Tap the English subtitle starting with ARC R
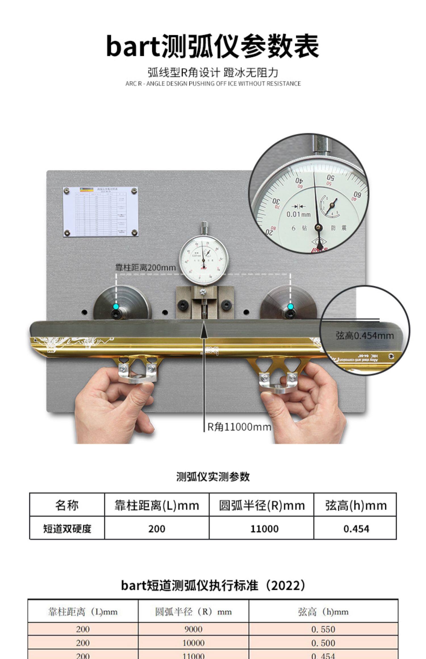click(x=213, y=83)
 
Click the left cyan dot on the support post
click(x=116, y=307)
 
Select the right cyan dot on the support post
click(x=290, y=307)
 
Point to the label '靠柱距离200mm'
click(x=145, y=267)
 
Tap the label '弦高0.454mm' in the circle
click(x=365, y=336)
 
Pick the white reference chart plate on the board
click(x=101, y=211)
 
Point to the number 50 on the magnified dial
click(x=330, y=178)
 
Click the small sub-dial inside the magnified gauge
click(x=330, y=205)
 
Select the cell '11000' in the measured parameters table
click(x=264, y=529)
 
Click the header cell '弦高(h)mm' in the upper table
click(x=356, y=505)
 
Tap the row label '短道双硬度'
click(x=67, y=529)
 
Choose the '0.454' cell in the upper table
click(x=356, y=529)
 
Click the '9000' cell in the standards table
click(x=193, y=629)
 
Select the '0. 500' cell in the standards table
click(x=323, y=643)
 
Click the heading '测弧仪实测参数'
click(x=213, y=477)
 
